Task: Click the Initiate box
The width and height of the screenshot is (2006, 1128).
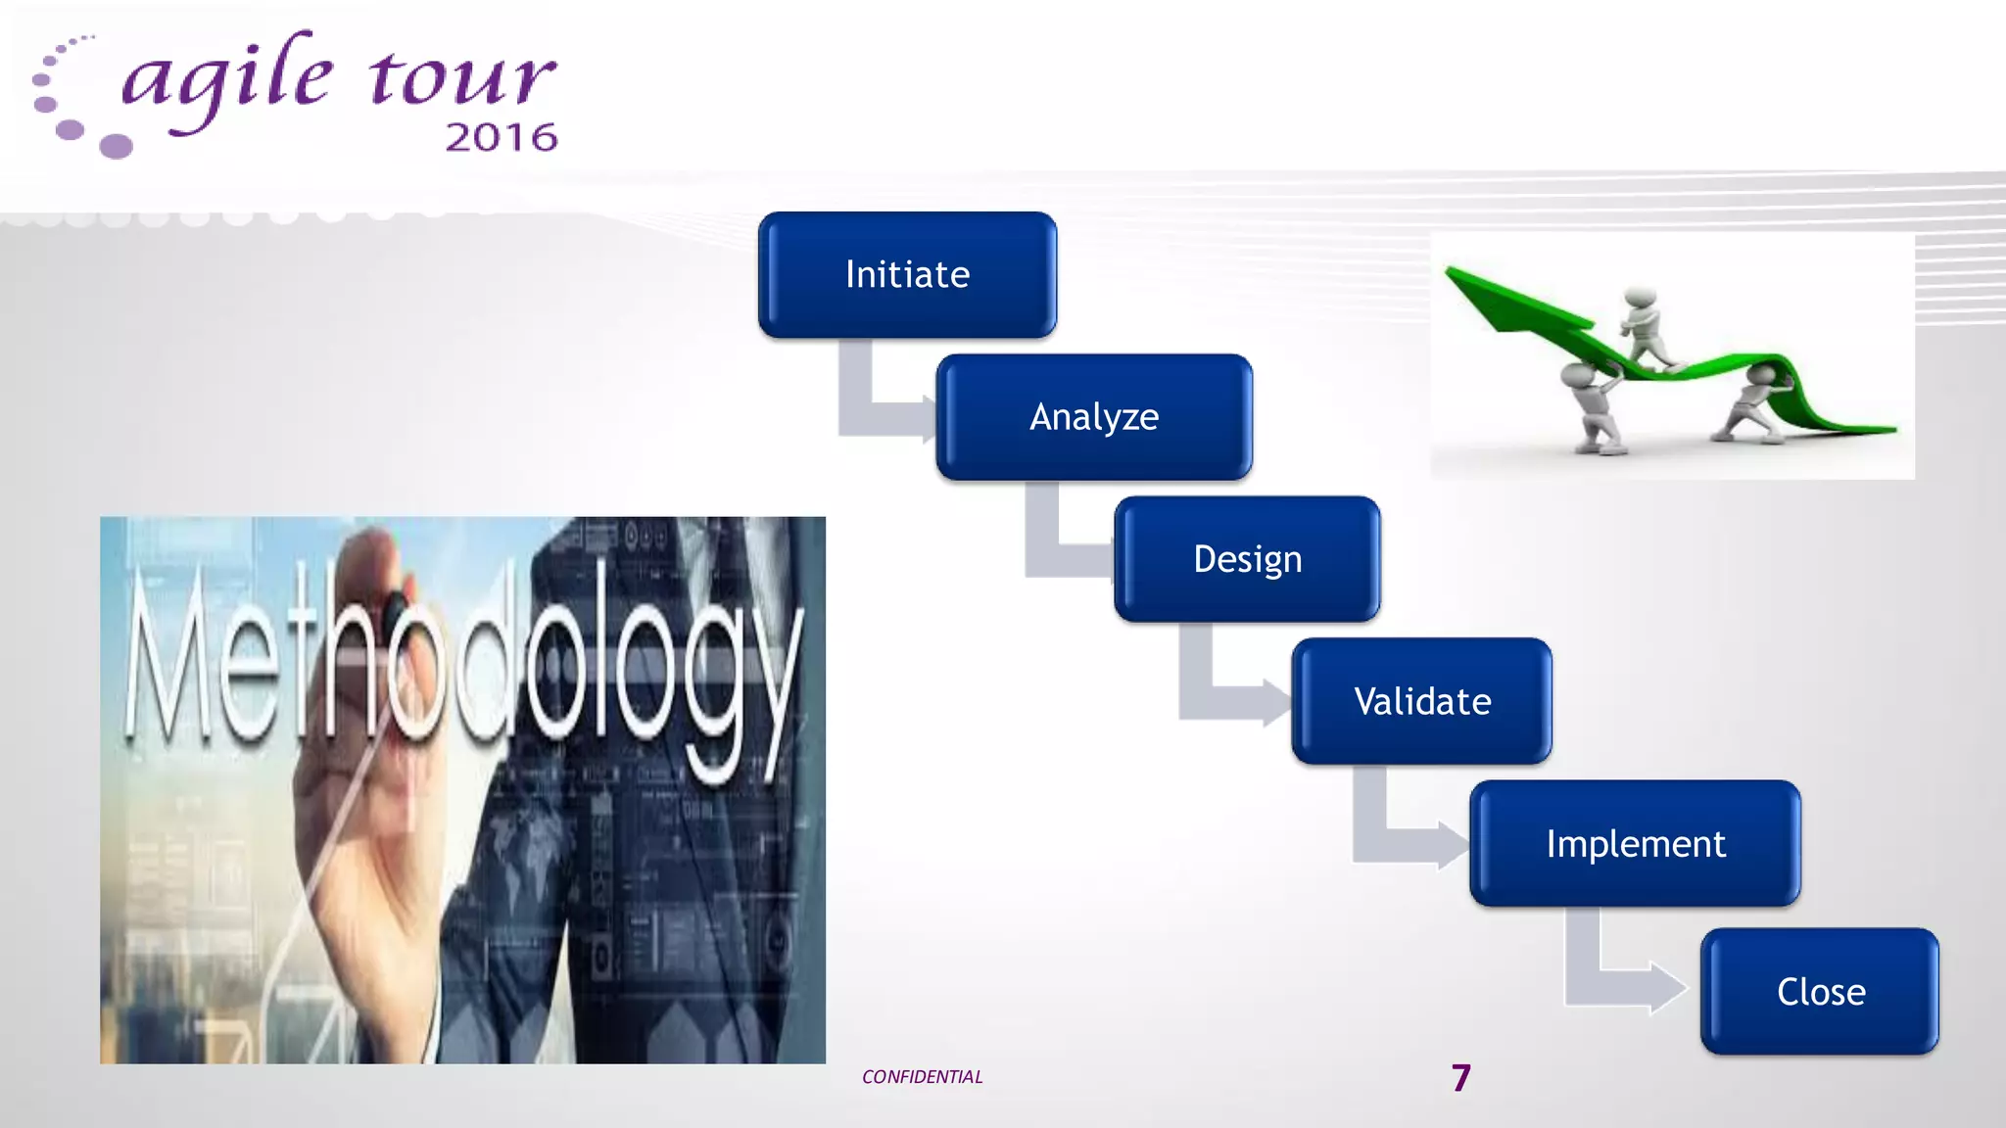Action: coord(907,275)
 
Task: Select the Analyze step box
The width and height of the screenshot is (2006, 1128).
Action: coord(1094,417)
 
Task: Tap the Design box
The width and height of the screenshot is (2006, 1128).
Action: coord(1247,559)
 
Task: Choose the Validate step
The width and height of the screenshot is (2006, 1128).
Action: coord(1421,701)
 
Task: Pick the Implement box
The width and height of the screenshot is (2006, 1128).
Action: coord(1635,843)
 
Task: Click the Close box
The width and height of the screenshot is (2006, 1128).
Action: coord(1820,991)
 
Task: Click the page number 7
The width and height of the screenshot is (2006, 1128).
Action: coord(1461,1078)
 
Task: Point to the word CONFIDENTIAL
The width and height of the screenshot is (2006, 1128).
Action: coord(922,1077)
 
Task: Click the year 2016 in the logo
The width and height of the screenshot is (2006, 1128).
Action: coord(501,138)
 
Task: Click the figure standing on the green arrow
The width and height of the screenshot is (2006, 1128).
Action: coord(1646,328)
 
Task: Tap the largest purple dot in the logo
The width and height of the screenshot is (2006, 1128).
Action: coord(116,146)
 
